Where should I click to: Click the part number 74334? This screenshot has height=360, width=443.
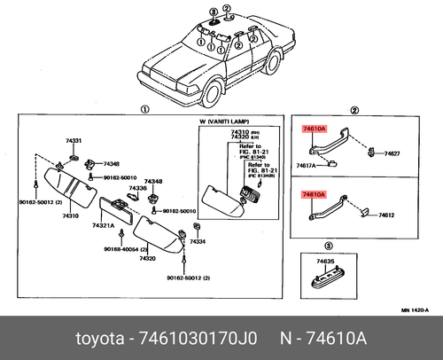pos(197,241)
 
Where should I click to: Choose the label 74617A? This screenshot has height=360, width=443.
pos(307,166)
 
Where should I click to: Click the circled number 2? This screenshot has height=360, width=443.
pos(354,109)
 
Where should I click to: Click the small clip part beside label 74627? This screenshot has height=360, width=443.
pos(369,153)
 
